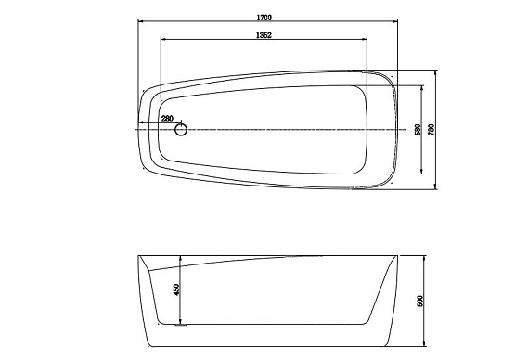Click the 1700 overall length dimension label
[264, 18]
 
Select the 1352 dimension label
[264, 35]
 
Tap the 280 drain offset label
[167, 119]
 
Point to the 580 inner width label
[418, 130]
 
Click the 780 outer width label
[431, 130]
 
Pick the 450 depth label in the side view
[176, 289]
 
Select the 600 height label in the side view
[420, 302]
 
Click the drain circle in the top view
[181, 130]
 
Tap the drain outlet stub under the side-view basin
[181, 326]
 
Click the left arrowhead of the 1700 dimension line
[140, 21]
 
